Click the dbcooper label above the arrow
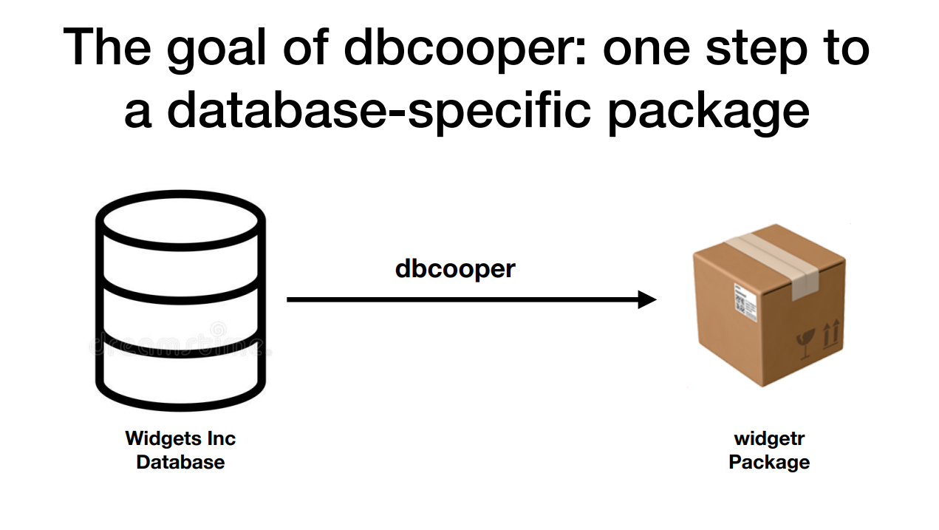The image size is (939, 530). (x=455, y=268)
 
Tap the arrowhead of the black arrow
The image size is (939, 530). (x=646, y=299)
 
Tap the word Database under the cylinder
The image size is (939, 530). (x=180, y=463)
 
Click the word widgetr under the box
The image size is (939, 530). (x=769, y=438)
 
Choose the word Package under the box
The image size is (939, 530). (x=769, y=463)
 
